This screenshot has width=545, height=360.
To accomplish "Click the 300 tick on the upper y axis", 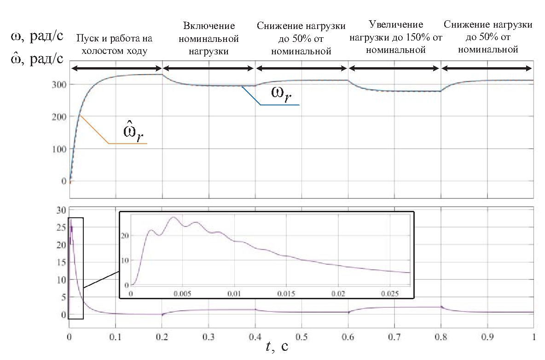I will [60, 85].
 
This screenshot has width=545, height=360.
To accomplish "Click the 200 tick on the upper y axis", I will [60, 117].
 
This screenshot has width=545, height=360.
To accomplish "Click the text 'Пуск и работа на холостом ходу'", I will [114, 45].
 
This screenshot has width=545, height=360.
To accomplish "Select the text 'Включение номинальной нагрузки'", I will [209, 39].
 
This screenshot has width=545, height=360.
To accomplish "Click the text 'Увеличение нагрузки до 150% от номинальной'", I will [396, 36].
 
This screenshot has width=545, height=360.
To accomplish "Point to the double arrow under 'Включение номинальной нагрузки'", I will [209, 69].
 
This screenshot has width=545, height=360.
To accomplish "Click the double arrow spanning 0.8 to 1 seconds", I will [487, 69].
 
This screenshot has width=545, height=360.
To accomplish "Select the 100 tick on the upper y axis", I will [60, 149].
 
